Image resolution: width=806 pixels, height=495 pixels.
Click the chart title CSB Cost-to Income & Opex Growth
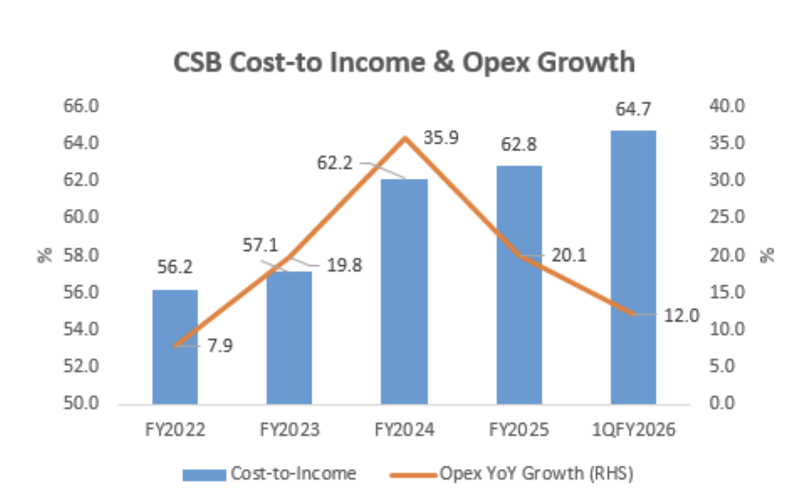pos(403,64)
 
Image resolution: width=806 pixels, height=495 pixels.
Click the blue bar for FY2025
pos(519,284)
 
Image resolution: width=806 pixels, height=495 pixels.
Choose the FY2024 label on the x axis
pos(404,430)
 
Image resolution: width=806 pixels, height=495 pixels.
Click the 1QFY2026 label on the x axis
pos(633,430)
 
